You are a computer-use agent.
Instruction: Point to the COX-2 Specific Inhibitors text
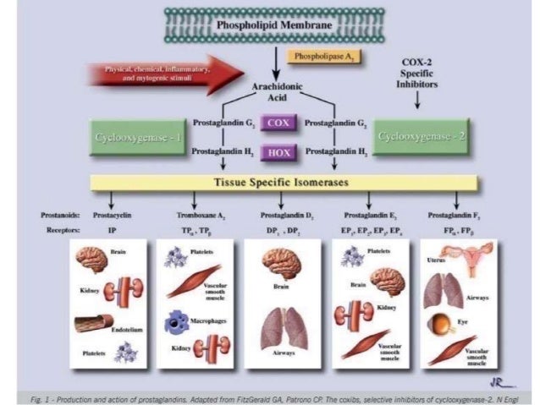(421, 77)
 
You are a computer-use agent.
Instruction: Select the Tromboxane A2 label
(200, 216)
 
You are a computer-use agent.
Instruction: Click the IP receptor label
(111, 229)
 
